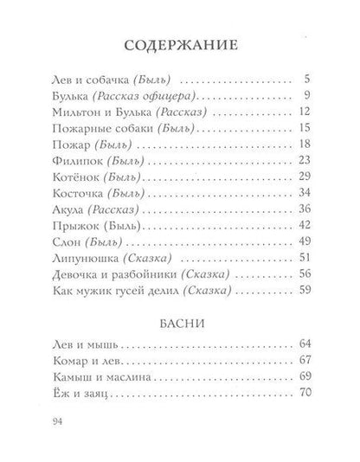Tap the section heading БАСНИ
point(179,325)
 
